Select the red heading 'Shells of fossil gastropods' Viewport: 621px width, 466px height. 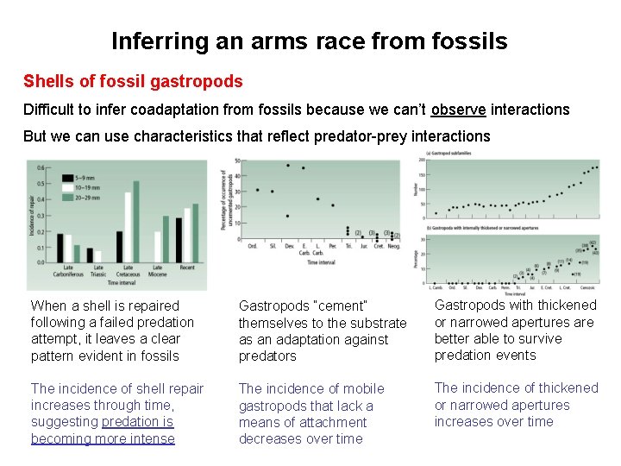coord(133,82)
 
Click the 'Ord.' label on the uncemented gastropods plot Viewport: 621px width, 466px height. coord(253,246)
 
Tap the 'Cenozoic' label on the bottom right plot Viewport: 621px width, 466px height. coord(586,286)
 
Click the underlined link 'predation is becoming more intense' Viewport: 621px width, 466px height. coord(102,431)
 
